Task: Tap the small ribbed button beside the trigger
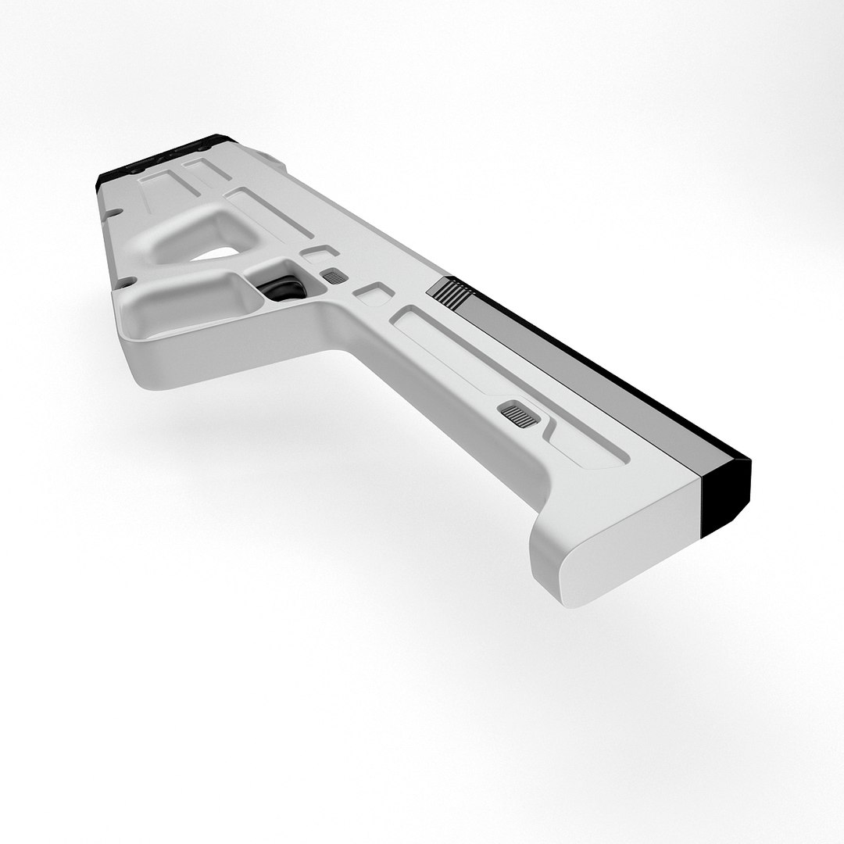[335, 276]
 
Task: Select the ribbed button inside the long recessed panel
[519, 414]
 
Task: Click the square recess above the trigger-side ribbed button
[320, 252]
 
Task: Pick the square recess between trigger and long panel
[374, 294]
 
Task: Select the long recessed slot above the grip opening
[270, 212]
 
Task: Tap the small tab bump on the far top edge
[272, 159]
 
